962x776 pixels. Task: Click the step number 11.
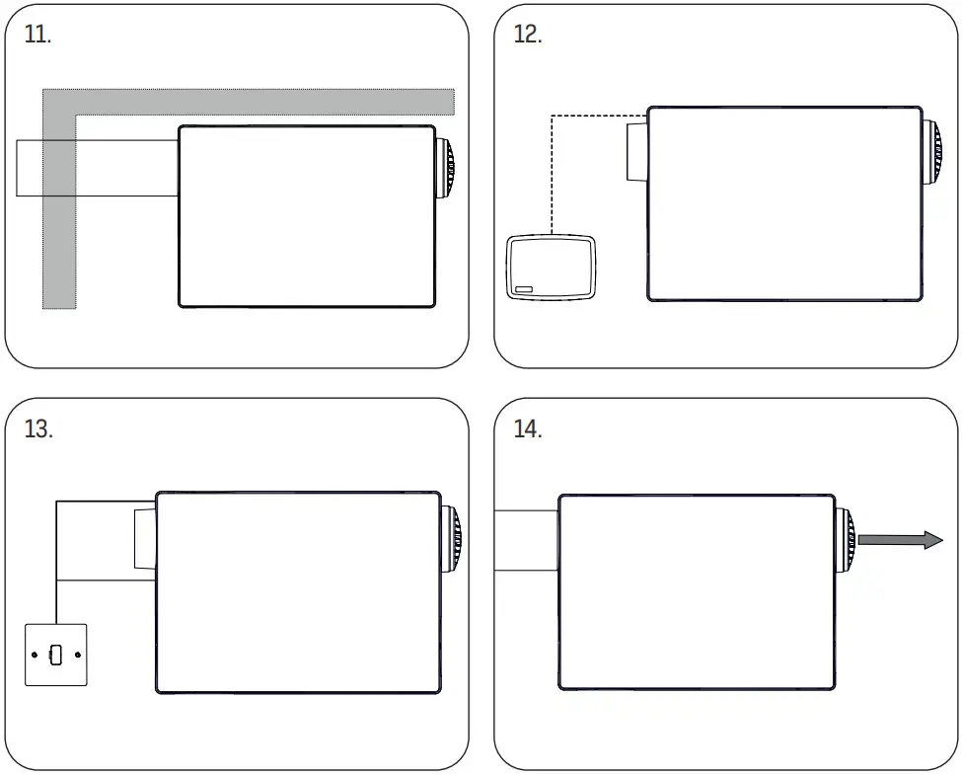[x=37, y=35]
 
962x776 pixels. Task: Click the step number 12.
[x=528, y=35]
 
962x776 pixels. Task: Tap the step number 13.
[x=38, y=430]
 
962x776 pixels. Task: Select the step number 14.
[x=529, y=430]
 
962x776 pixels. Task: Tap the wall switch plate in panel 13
[x=56, y=656]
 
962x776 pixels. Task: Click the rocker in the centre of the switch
[x=56, y=656]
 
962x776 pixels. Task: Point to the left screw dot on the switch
[x=36, y=656]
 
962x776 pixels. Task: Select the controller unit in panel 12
[x=551, y=267]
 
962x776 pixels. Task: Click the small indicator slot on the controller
[x=523, y=290]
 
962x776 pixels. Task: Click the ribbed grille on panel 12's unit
[x=932, y=151]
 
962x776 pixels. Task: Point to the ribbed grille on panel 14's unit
[x=846, y=540]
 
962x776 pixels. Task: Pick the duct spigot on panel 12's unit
[x=636, y=151]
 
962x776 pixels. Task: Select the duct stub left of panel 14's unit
[x=526, y=540]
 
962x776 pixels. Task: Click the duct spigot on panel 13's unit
[x=145, y=539]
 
